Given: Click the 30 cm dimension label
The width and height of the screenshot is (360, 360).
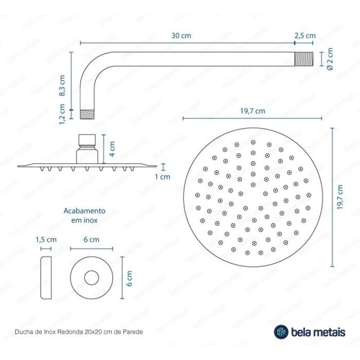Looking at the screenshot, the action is pyautogui.click(x=181, y=35).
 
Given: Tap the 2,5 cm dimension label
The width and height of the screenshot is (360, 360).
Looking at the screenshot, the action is pyautogui.click(x=305, y=35).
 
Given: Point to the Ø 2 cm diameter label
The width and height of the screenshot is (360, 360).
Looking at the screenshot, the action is pyautogui.click(x=330, y=59).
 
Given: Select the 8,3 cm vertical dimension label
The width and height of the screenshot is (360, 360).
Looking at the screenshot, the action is pyautogui.click(x=62, y=85).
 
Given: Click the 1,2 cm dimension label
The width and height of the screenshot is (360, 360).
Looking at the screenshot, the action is pyautogui.click(x=62, y=114).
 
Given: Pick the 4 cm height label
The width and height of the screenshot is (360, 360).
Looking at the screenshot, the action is pyautogui.click(x=112, y=149).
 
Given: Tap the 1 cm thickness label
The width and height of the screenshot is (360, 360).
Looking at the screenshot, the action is pyautogui.click(x=163, y=177).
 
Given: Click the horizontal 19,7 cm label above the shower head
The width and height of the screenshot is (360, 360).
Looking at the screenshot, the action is pyautogui.click(x=253, y=111).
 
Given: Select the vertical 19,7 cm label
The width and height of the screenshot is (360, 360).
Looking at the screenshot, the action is pyautogui.click(x=340, y=197).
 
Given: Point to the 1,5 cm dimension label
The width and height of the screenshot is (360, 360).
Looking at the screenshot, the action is pyautogui.click(x=46, y=240).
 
